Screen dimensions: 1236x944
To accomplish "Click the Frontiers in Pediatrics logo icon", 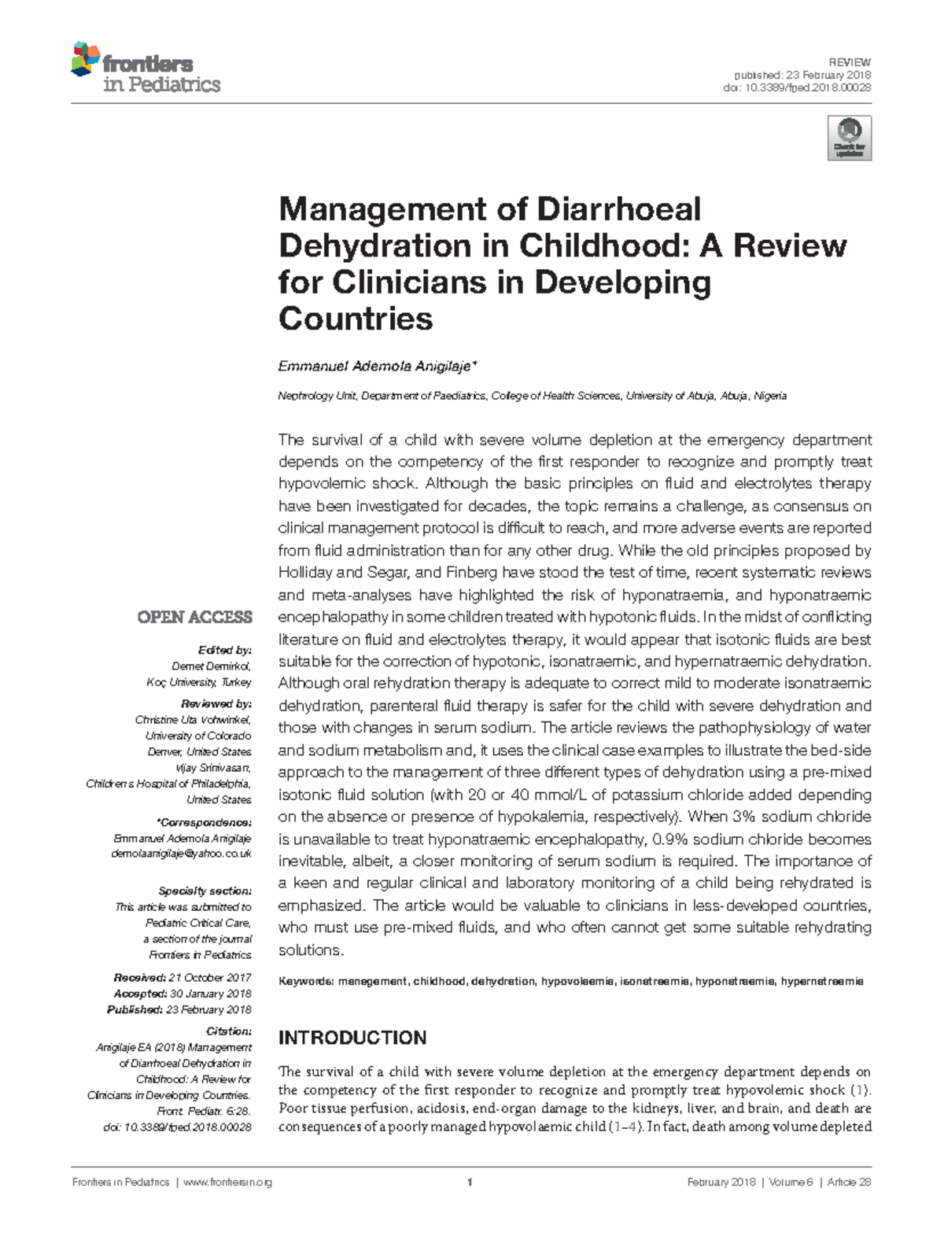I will pyautogui.click(x=86, y=60).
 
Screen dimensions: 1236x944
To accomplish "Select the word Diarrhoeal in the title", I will pyautogui.click(x=618, y=209).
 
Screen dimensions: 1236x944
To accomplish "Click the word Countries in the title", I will pyautogui.click(x=356, y=319).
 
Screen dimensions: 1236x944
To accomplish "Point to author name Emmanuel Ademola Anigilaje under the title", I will pyautogui.click(x=376, y=367).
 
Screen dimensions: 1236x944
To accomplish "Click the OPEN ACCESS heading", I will pyautogui.click(x=194, y=618).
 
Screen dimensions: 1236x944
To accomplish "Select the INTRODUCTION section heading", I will pyautogui.click(x=352, y=1038).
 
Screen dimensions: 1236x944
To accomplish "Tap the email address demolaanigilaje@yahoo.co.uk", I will pyautogui.click(x=182, y=854).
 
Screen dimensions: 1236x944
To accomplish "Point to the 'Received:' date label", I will pyautogui.click(x=139, y=978).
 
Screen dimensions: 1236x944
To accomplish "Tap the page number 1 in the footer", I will pyautogui.click(x=470, y=1182).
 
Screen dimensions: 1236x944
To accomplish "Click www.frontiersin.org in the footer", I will pyautogui.click(x=227, y=1182).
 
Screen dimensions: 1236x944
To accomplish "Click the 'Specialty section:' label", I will pyautogui.click(x=205, y=891).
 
